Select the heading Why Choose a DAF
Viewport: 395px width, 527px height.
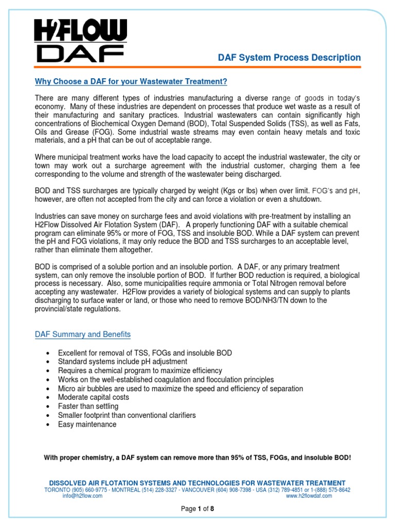tap(131, 82)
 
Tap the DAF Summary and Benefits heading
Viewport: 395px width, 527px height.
tap(82, 335)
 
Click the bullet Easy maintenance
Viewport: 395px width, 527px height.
tap(87, 425)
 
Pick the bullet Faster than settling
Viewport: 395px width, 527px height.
tap(88, 407)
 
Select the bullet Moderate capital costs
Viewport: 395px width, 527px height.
tap(93, 397)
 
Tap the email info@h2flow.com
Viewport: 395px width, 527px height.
tap(82, 496)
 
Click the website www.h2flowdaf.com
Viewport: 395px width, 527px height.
tap(309, 496)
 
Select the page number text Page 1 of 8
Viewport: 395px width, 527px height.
tap(197, 509)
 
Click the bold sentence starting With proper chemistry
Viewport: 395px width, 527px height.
tap(197, 458)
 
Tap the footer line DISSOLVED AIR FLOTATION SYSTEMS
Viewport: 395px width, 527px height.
tap(197, 483)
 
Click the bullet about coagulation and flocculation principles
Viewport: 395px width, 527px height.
tap(166, 380)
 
